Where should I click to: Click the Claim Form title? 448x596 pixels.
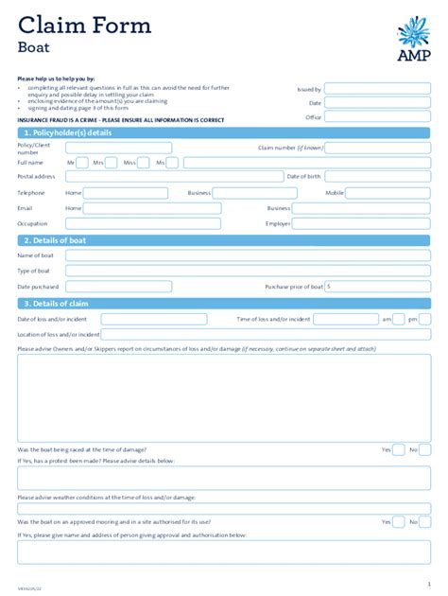click(84, 26)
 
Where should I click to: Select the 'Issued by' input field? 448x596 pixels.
click(378, 89)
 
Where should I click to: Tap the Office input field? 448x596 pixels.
click(378, 117)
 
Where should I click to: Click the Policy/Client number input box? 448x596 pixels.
click(118, 148)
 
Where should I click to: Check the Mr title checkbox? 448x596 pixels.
click(83, 163)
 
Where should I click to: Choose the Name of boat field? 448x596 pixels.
click(248, 255)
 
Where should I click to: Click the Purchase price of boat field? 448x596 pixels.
click(378, 286)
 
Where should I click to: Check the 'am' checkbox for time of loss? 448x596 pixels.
click(399, 319)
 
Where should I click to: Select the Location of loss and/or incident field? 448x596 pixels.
click(266, 334)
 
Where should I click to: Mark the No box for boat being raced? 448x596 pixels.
click(424, 449)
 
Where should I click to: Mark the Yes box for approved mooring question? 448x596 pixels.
click(399, 521)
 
